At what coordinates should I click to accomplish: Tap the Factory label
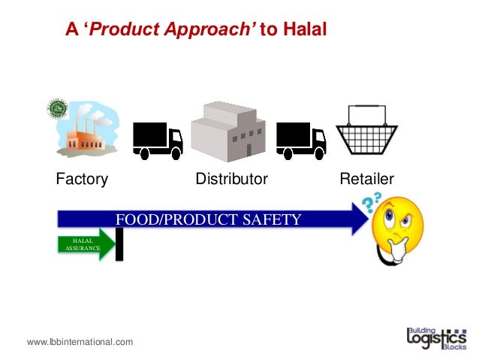[82, 180]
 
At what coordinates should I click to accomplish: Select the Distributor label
[231, 180]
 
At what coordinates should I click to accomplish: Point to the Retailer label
[367, 180]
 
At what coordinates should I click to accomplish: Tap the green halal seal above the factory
[58, 109]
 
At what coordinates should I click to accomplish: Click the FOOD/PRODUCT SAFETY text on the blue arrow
[208, 219]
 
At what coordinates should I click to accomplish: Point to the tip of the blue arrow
[367, 218]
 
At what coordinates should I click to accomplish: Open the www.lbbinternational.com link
[80, 342]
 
